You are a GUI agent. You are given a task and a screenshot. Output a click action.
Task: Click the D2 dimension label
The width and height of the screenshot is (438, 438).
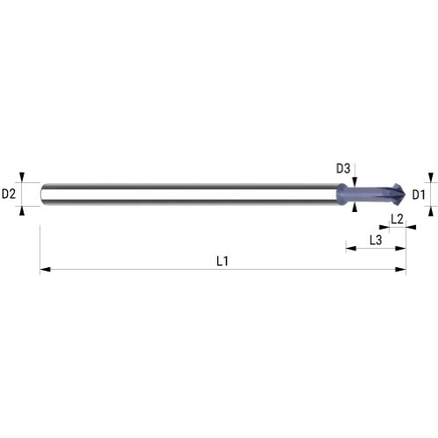pyautogui.click(x=9, y=194)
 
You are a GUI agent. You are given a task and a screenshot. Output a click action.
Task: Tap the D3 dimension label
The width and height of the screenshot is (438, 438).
pyautogui.click(x=343, y=168)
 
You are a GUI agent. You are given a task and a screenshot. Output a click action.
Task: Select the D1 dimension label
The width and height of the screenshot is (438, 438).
pyautogui.click(x=419, y=194)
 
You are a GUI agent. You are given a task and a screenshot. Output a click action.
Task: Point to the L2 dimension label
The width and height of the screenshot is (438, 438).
pyautogui.click(x=397, y=219)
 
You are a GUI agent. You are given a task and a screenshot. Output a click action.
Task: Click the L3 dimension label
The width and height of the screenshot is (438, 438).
pyautogui.click(x=376, y=240)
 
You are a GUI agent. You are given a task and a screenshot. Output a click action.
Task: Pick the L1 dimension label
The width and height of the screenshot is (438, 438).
pyautogui.click(x=223, y=261)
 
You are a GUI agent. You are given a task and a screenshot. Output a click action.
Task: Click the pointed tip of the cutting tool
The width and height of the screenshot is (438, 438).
pyautogui.click(x=406, y=194)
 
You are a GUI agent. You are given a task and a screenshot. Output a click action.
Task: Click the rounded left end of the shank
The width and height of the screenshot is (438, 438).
pyautogui.click(x=42, y=194)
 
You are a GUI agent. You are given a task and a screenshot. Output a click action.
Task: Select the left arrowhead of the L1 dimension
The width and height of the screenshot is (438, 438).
pyautogui.click(x=45, y=269)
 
